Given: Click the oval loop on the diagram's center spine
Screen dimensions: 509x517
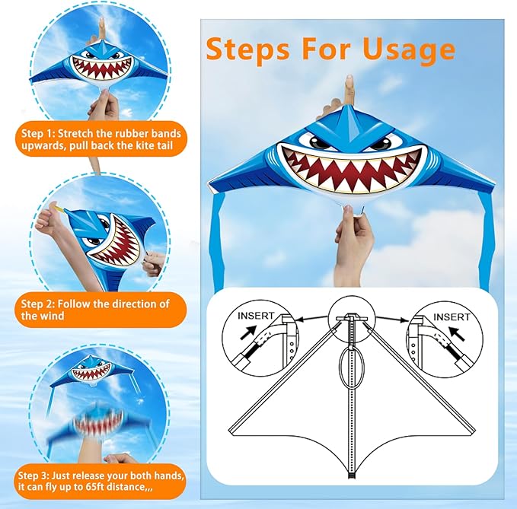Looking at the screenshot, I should tap(351, 371).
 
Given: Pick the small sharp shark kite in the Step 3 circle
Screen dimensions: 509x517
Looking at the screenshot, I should tap(91, 371).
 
